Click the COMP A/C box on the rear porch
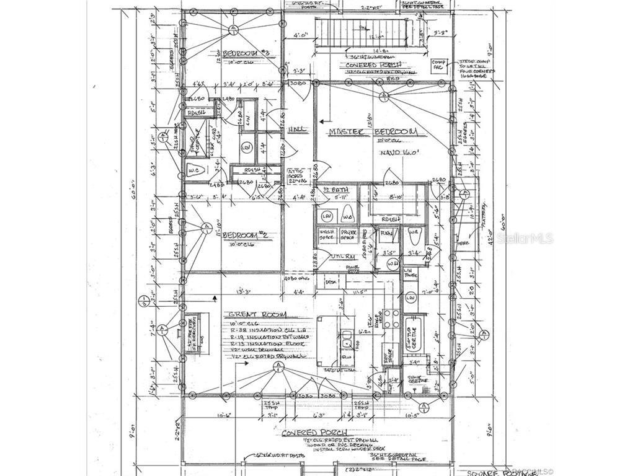tap(439, 65)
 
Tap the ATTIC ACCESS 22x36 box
tap(296, 177)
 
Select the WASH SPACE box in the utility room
tap(327, 236)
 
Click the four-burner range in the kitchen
tap(392, 318)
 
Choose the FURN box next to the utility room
tap(386, 234)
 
